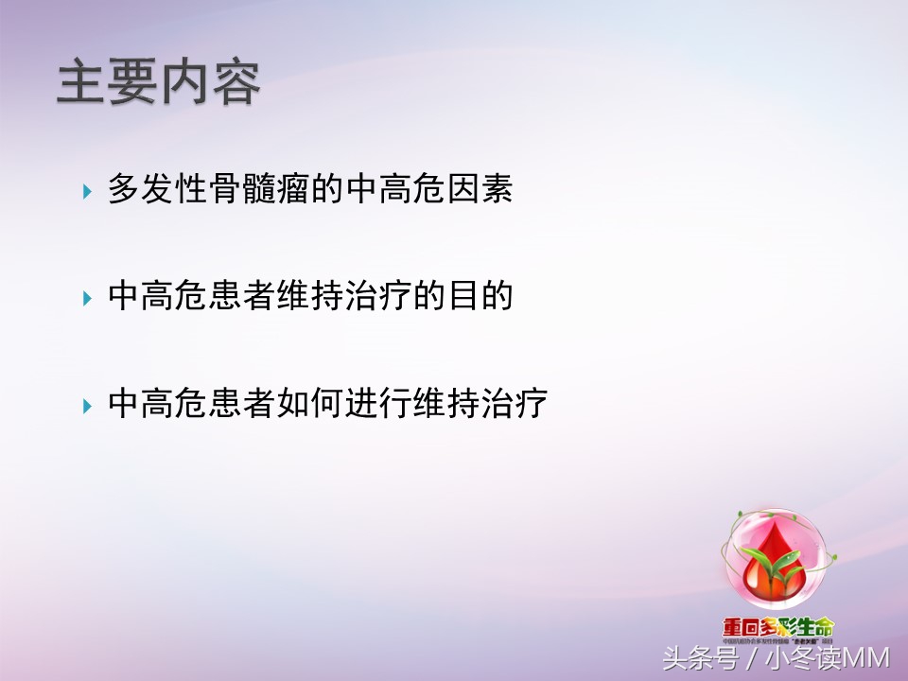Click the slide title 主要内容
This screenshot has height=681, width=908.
point(158,83)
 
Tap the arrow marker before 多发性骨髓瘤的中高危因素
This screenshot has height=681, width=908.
point(87,191)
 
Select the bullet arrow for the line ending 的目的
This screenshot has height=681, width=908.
point(87,299)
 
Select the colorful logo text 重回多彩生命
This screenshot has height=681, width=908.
point(777,626)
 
